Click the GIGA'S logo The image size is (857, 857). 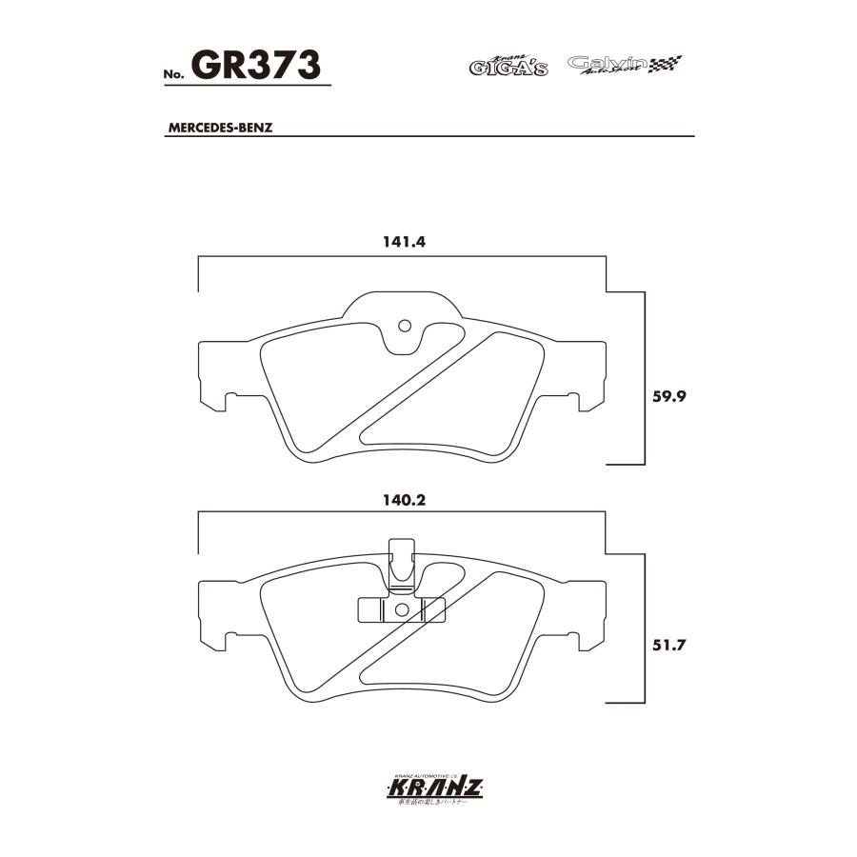click(x=508, y=67)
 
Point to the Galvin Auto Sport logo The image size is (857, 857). click(x=624, y=65)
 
